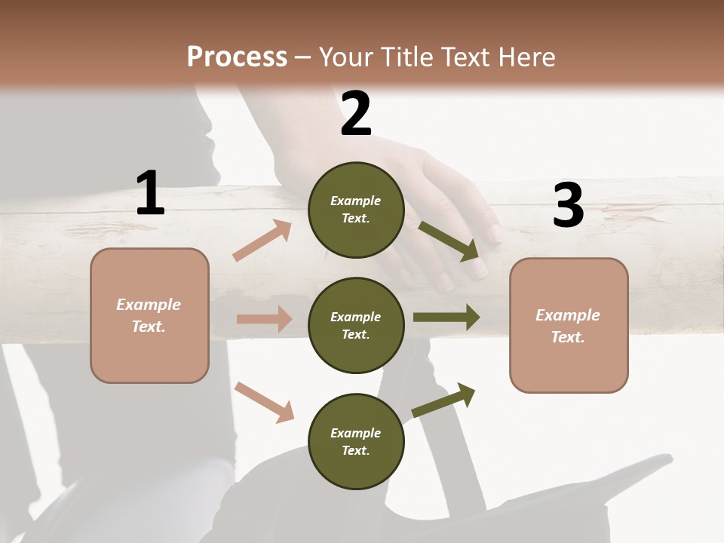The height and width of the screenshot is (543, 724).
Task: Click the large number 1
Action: click(150, 193)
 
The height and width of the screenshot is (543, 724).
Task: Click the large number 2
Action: click(356, 114)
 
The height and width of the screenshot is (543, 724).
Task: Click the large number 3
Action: click(568, 206)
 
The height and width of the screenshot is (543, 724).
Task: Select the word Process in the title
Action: click(237, 57)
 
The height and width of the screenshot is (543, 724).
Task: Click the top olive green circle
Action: click(356, 210)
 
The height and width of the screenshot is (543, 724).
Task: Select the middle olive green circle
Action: click(356, 325)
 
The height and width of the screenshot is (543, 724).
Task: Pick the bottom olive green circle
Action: click(356, 441)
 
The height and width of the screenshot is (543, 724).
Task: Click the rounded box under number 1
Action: click(149, 315)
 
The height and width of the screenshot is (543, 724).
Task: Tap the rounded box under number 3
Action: click(569, 325)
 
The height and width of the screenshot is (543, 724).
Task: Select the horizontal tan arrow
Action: click(264, 319)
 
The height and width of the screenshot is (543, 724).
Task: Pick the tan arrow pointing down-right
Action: click(264, 402)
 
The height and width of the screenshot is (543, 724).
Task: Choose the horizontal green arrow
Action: click(446, 317)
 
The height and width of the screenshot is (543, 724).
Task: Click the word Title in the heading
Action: click(408, 57)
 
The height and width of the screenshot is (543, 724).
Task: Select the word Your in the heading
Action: click(347, 57)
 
